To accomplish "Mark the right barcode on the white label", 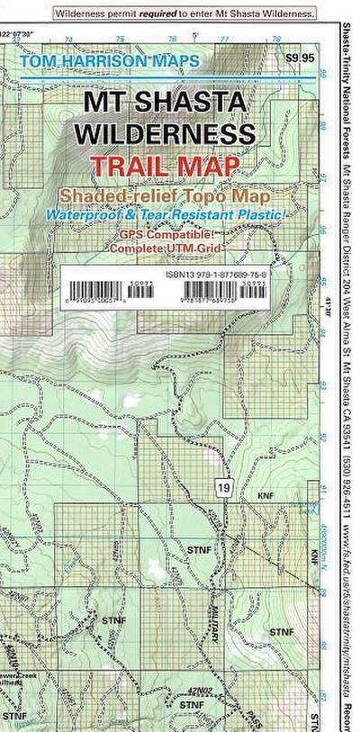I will tap(221, 288).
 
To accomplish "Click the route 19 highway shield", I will tap(222, 487).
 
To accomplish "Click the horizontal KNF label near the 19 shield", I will tap(265, 496).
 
